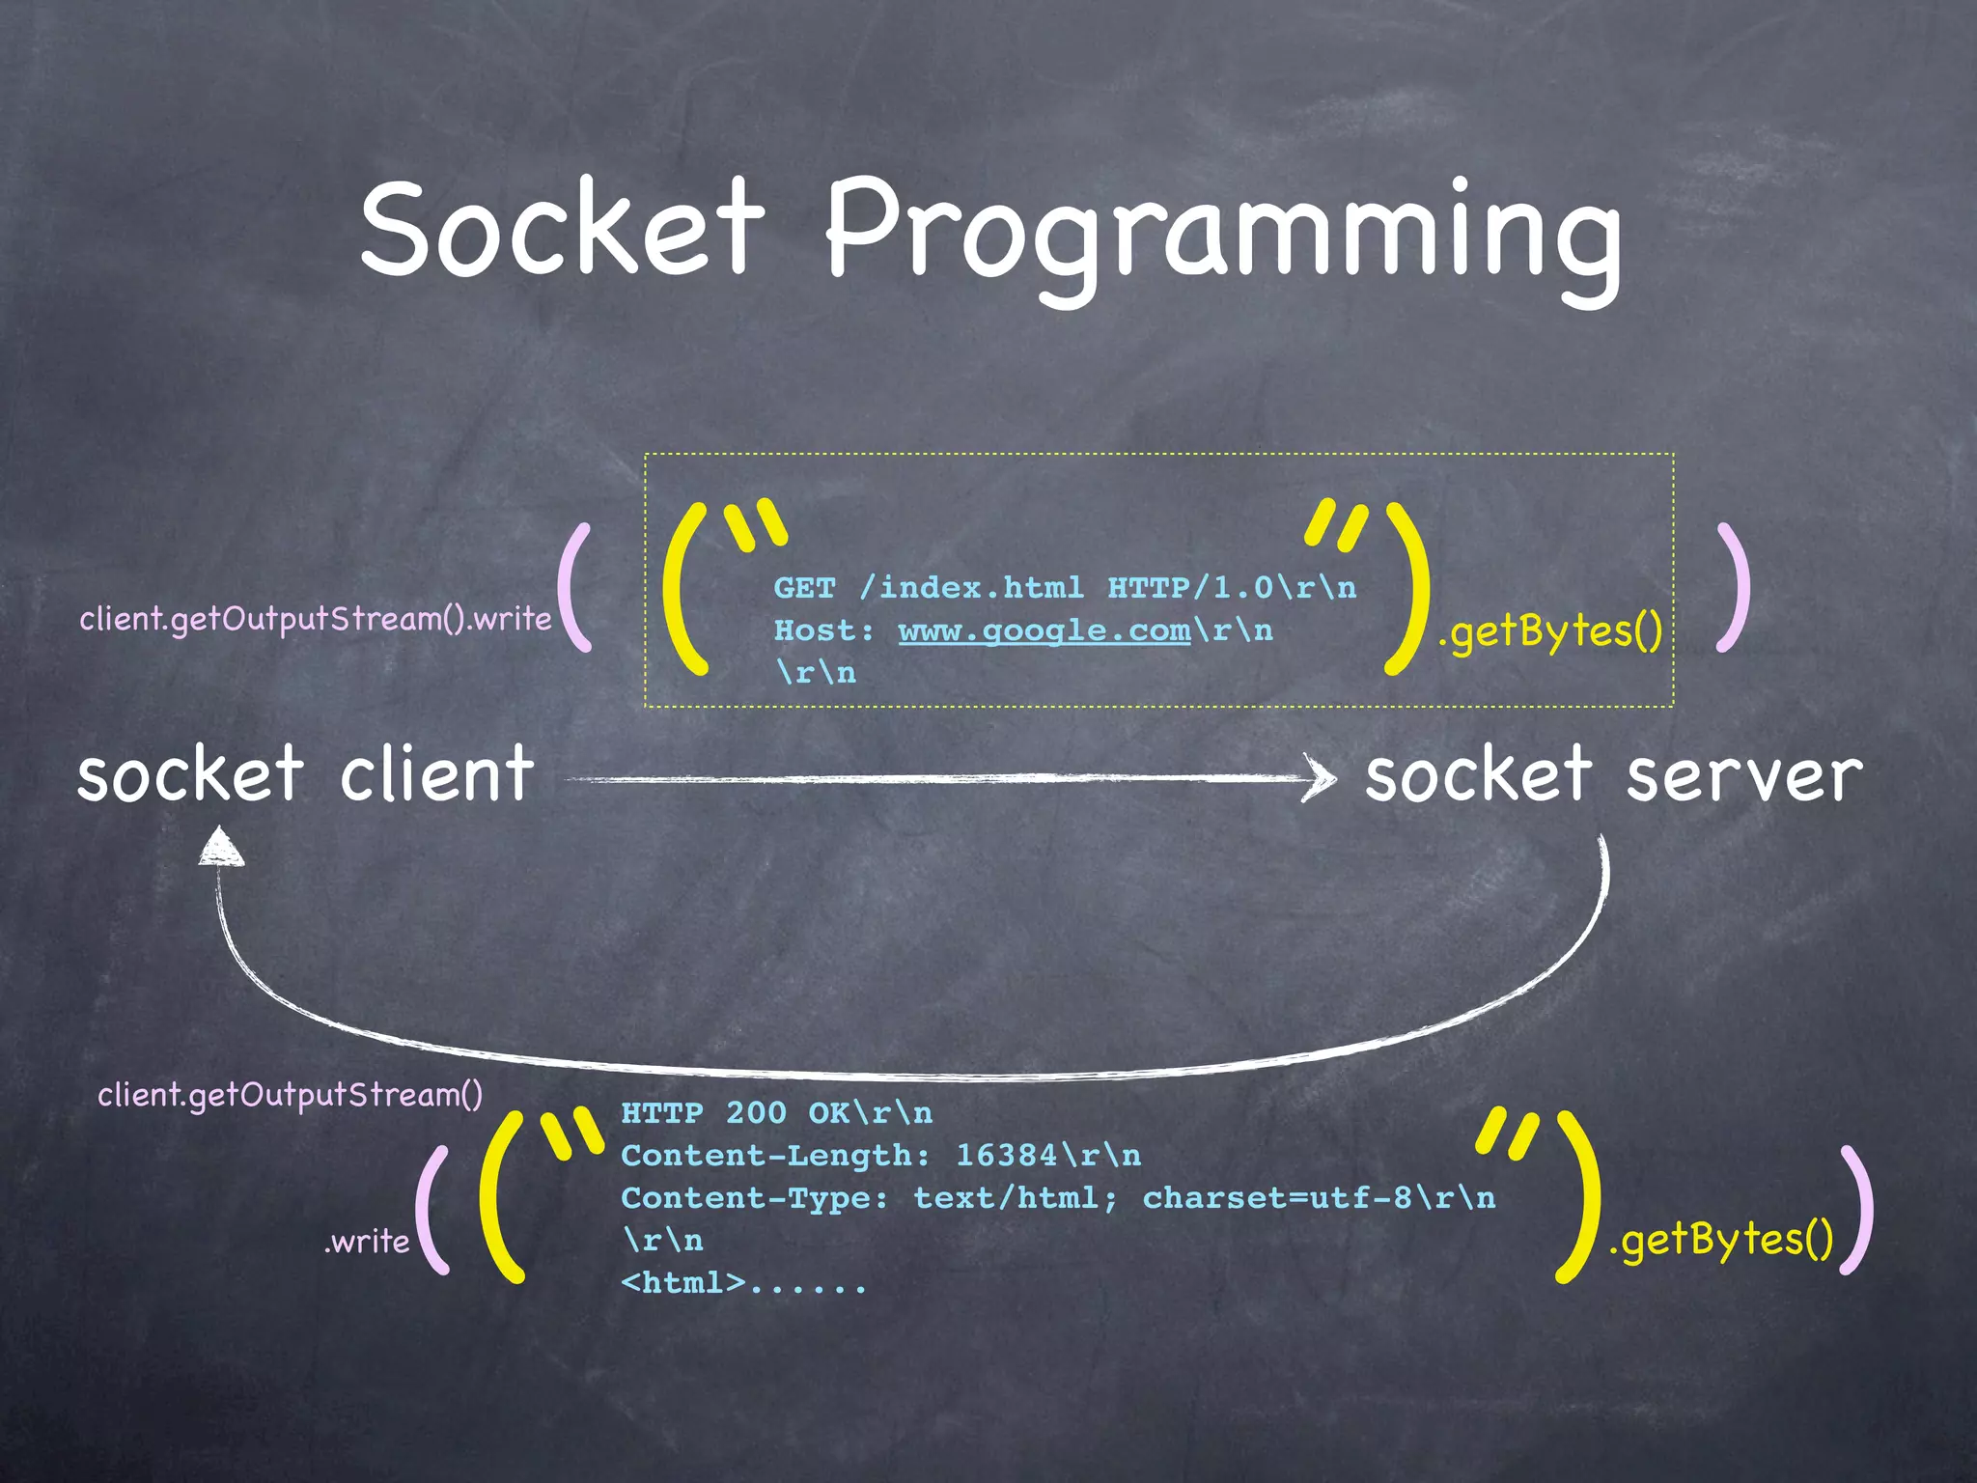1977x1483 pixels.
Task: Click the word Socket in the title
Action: [563, 228]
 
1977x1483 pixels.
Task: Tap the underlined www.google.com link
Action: [1044, 630]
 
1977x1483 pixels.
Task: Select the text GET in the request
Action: [804, 588]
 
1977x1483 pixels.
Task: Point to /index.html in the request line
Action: [971, 588]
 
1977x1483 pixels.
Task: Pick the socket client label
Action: [305, 774]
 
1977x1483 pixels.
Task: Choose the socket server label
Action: [1613, 774]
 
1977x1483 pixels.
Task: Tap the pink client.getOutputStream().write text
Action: [316, 619]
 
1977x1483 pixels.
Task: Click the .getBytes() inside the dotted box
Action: [1550, 632]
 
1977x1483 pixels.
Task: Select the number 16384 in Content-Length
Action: [1007, 1156]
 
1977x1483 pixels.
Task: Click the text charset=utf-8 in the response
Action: [1277, 1198]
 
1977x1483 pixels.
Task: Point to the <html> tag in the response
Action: [683, 1283]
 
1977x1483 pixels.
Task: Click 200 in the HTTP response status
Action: [756, 1113]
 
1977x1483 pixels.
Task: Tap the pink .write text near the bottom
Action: [367, 1242]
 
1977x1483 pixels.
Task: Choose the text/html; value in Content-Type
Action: [1016, 1198]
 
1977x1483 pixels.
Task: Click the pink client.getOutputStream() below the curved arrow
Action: [291, 1095]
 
